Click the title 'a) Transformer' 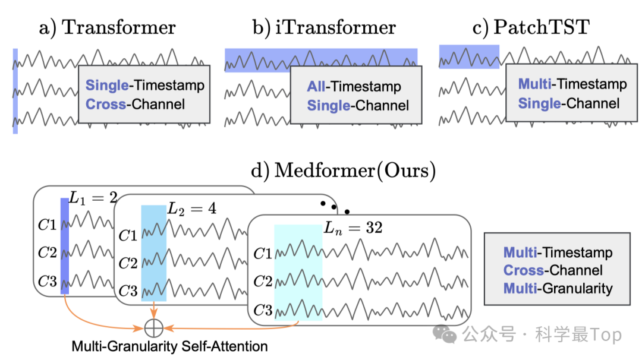(107, 28)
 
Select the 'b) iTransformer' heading (324, 28)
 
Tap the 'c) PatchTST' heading (531, 28)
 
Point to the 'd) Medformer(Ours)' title (343, 170)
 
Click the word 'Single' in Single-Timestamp (107, 85)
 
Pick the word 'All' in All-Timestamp (316, 86)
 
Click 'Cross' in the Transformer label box (106, 105)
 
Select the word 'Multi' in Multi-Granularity (520, 288)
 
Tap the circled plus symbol (154, 328)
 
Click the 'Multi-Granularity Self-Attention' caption (169, 346)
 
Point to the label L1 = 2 (93, 198)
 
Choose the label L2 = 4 (191, 209)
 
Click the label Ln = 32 (353, 228)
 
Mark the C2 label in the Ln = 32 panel (263, 282)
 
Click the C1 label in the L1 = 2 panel (47, 225)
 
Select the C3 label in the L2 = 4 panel (128, 291)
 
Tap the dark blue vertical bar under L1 (65, 246)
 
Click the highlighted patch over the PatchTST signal (469, 56)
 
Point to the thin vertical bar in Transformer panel (15, 91)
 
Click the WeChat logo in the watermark (445, 334)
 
